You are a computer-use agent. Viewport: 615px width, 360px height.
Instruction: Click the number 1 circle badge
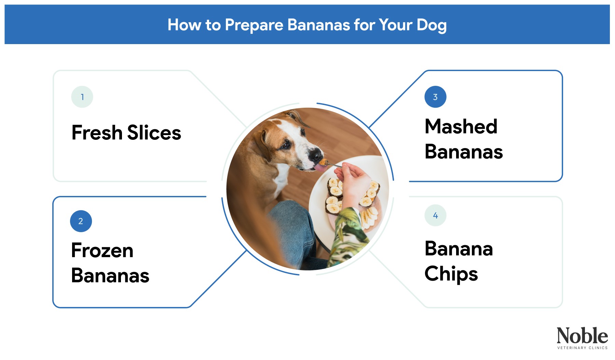(x=82, y=97)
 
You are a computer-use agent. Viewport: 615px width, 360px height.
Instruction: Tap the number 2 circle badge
(x=81, y=221)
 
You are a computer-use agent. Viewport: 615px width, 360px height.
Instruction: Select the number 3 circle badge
(x=435, y=97)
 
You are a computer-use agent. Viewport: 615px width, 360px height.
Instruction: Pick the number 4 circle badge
(x=435, y=215)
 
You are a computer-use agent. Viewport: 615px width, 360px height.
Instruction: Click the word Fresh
(x=97, y=133)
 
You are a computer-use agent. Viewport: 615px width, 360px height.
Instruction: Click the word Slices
(x=154, y=133)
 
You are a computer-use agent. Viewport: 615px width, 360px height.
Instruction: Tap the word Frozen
(x=102, y=250)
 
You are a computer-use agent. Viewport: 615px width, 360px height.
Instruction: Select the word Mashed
(x=461, y=126)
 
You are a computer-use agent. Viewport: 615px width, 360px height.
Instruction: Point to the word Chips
(x=451, y=274)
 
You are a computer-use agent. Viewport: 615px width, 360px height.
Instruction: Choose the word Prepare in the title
(x=254, y=25)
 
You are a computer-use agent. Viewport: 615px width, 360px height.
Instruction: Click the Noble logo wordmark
(x=582, y=336)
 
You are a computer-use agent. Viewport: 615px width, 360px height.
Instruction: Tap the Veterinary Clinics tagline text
(x=582, y=348)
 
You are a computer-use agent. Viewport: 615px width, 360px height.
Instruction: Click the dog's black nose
(x=315, y=155)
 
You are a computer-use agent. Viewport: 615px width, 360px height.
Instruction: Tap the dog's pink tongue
(x=320, y=168)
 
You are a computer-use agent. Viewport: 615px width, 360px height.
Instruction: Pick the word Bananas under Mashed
(x=463, y=152)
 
